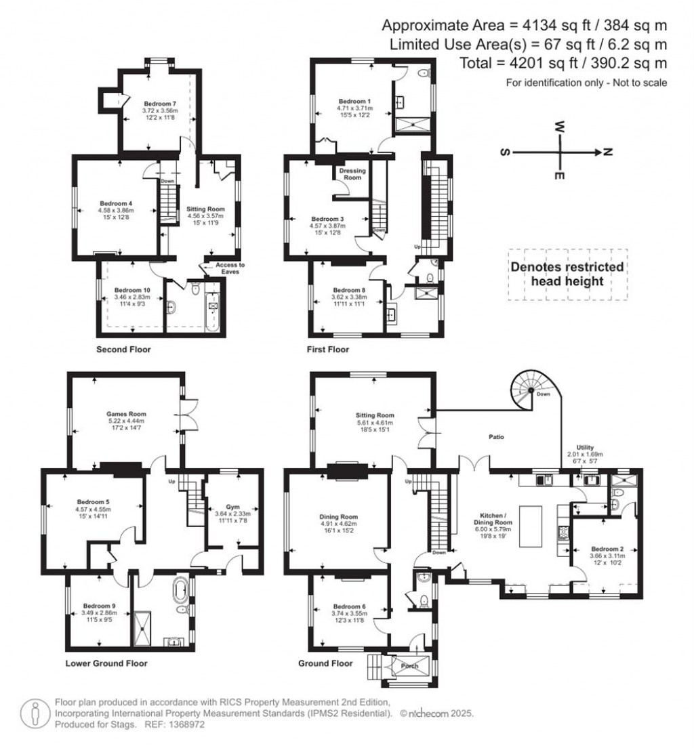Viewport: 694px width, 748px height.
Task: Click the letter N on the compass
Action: (x=608, y=152)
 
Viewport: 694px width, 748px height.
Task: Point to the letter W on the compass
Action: (x=560, y=126)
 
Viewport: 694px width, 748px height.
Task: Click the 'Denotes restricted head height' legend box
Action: (x=567, y=274)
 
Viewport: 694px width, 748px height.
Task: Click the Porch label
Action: (x=409, y=665)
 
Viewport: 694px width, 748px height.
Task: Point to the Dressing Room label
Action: (x=352, y=174)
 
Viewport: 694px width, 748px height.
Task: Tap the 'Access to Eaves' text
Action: (x=230, y=268)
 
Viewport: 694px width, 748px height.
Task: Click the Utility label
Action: (x=585, y=447)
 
